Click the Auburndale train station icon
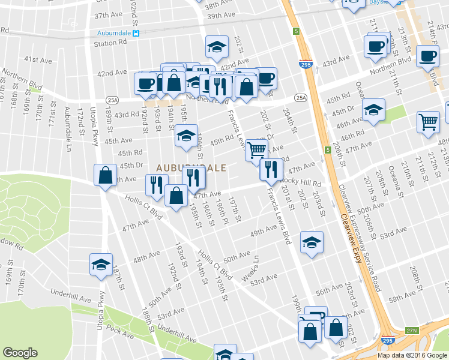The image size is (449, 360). click(137, 34)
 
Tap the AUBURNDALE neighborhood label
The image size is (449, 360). click(191, 167)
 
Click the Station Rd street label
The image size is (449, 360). click(110, 43)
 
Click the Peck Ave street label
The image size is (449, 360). click(121, 329)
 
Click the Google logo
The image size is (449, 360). click(20, 353)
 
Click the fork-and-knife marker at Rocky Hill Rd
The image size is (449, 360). click(271, 169)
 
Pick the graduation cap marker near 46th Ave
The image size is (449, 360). click(373, 110)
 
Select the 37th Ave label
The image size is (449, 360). click(108, 15)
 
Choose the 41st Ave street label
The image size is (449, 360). click(37, 60)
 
